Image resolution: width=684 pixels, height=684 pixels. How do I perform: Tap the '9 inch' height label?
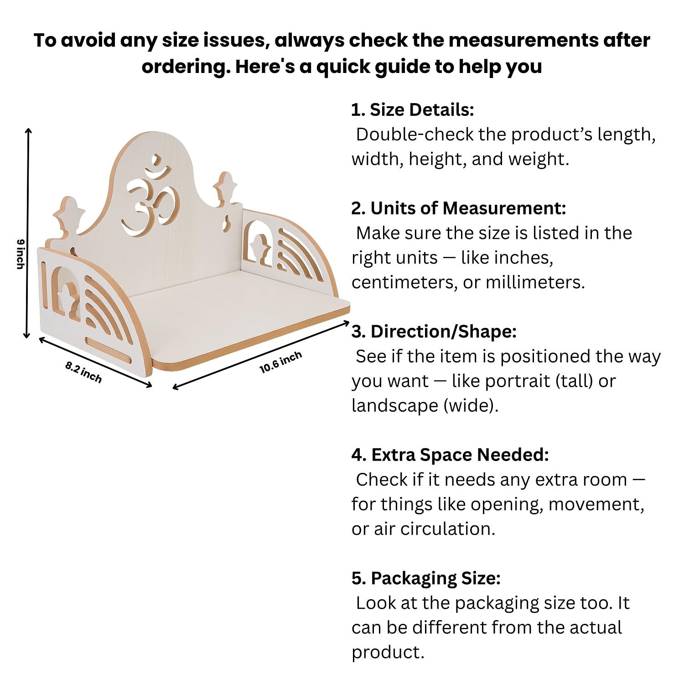tap(20, 254)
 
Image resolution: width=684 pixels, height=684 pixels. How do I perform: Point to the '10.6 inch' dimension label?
tap(281, 363)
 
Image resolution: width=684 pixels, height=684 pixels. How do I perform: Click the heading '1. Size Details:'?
tap(413, 110)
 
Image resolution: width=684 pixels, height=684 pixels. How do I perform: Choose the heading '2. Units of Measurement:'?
tap(459, 208)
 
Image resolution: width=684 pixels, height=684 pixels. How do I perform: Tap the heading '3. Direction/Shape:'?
tap(434, 332)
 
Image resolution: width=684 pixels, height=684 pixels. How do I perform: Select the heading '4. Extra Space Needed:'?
tap(450, 455)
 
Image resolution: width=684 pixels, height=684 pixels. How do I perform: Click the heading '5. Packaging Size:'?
tap(426, 578)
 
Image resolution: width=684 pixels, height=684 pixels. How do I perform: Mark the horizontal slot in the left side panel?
tap(109, 343)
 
